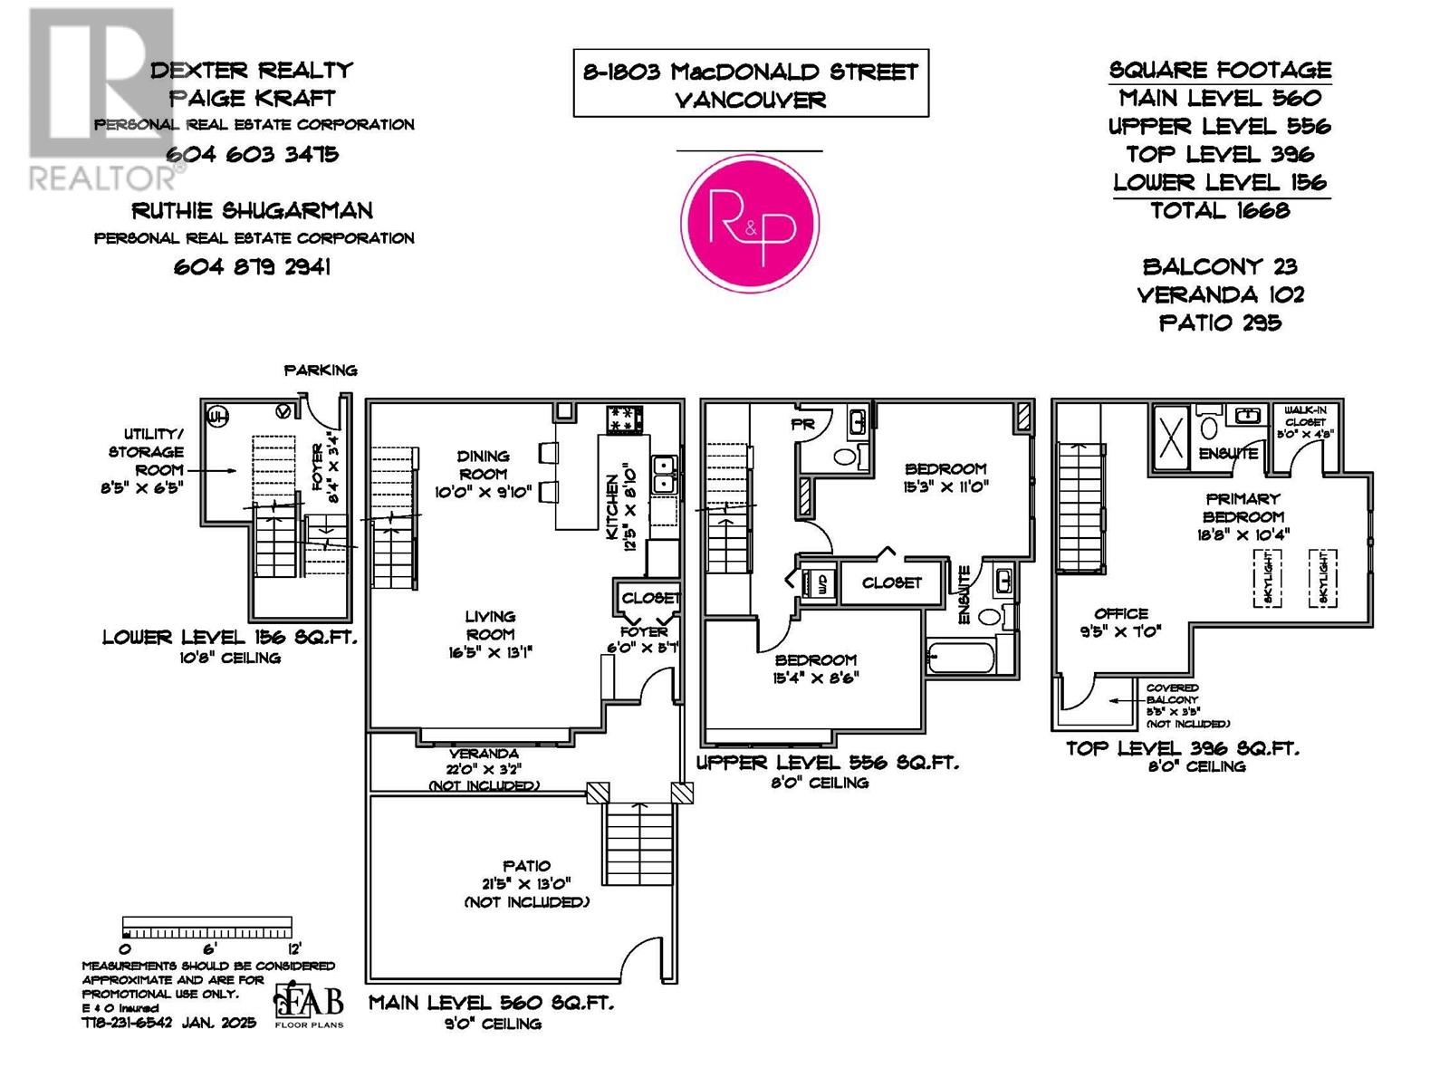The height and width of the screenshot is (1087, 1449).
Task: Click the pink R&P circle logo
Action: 750,223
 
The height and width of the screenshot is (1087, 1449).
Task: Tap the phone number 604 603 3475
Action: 252,154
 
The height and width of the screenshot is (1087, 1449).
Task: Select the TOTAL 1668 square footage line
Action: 1219,211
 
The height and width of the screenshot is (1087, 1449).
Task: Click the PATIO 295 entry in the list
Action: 1219,322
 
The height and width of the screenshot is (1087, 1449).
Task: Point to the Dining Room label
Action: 484,465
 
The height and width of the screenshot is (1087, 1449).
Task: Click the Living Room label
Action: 490,625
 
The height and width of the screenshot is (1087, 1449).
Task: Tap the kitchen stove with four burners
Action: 624,419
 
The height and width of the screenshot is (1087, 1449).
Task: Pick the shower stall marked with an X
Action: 1172,433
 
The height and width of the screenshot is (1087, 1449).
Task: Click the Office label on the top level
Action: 1120,613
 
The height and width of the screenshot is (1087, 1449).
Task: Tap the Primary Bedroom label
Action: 1243,507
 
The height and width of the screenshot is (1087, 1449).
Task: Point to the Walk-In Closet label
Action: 1305,416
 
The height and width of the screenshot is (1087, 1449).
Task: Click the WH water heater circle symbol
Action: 217,417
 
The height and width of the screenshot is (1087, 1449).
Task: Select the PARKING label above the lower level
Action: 321,370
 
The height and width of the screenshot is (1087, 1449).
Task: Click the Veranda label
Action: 484,754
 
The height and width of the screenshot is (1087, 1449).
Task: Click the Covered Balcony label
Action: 1172,694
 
